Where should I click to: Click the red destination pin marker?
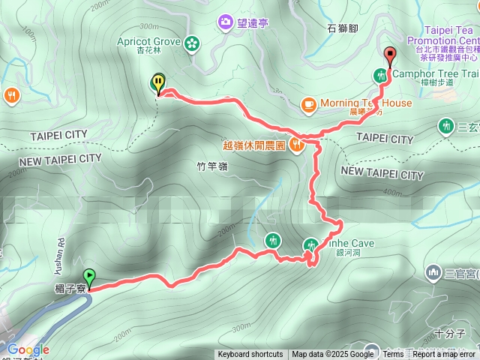(390, 55)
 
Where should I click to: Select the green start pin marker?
(90, 276)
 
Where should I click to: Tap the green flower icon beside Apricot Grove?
(193, 43)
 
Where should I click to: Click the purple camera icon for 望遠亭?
(225, 23)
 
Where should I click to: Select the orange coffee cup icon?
(308, 103)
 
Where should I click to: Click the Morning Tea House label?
(366, 103)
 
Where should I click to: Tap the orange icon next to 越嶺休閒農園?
(297, 145)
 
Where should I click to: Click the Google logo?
(28, 349)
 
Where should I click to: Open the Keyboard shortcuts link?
(250, 355)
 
